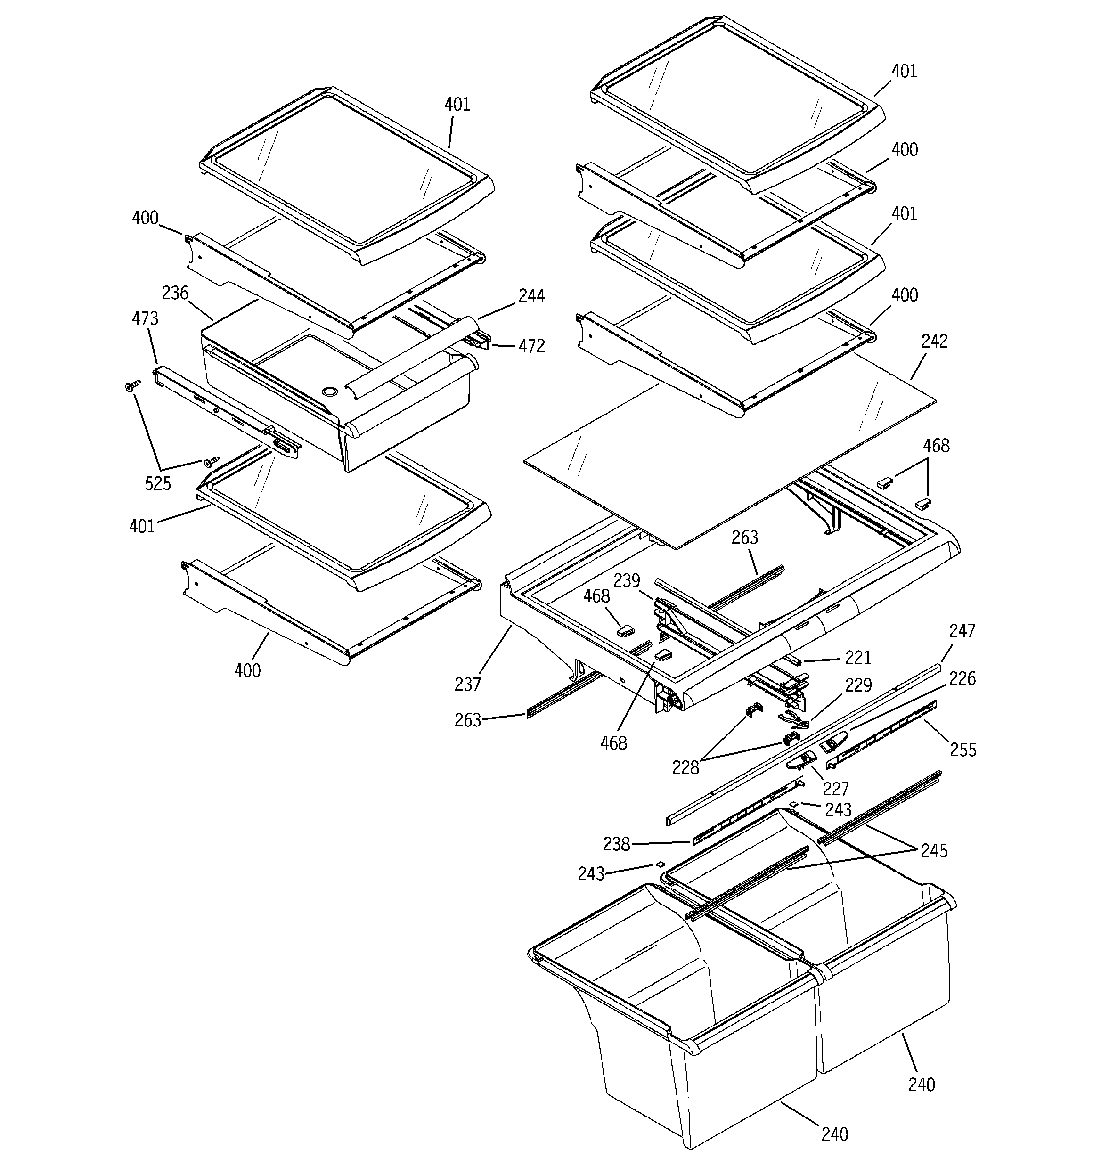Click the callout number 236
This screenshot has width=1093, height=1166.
175,293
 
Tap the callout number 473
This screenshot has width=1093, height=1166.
145,318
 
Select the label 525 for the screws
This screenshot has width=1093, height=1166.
158,483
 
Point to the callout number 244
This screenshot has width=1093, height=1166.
531,295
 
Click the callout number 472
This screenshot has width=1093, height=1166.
531,346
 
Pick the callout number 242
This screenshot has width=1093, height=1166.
935,342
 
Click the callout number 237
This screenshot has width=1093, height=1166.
468,684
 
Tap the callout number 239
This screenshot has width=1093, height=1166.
627,581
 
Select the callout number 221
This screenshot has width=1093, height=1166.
858,658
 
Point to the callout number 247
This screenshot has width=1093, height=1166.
962,631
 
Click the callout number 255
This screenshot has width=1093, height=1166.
963,750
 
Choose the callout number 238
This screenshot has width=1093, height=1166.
617,844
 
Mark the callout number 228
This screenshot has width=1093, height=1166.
686,767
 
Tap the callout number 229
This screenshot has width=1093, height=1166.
858,685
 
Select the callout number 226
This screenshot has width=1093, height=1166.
962,678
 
